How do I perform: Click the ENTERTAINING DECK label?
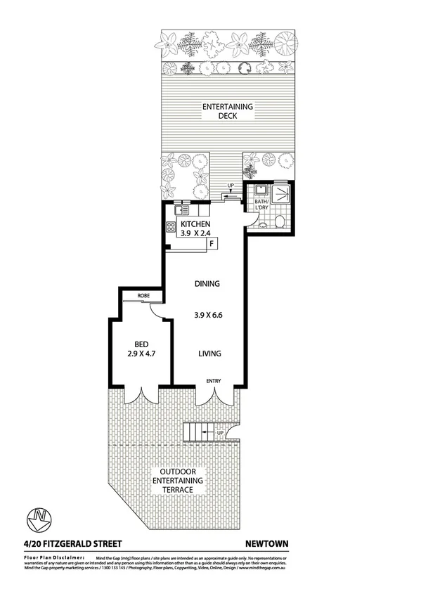coord(227,111)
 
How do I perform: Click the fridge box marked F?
coord(211,244)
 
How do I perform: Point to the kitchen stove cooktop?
coord(171,227)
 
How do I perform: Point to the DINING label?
coord(207,284)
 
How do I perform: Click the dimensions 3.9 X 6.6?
coord(208,316)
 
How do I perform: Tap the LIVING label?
coord(209,354)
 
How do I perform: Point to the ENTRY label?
coord(214,381)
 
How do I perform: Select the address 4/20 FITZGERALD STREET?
coord(68,543)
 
